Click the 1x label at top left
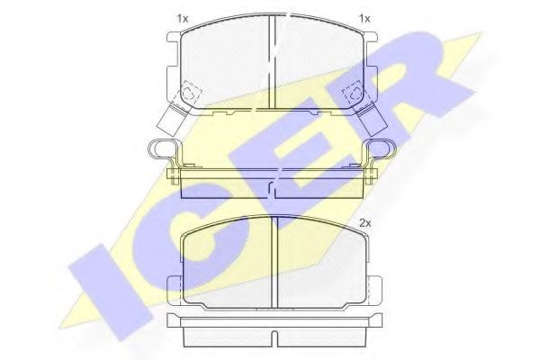click(x=183, y=19)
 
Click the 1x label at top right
click(x=364, y=19)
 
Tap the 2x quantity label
click(x=365, y=223)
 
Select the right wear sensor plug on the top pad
click(x=373, y=119)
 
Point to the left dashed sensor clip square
click(x=190, y=91)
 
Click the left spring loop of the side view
click(x=162, y=149)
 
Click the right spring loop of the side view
click(x=382, y=149)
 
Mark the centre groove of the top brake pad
click(x=272, y=62)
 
